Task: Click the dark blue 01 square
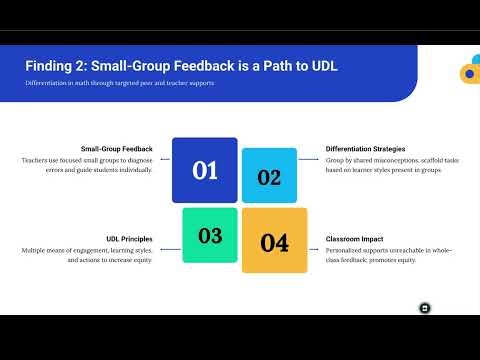[204, 170]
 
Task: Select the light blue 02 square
[269, 176]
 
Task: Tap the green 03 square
[209, 236]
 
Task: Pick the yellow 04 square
[274, 241]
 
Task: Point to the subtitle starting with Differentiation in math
[119, 83]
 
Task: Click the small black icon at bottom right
[424, 307]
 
